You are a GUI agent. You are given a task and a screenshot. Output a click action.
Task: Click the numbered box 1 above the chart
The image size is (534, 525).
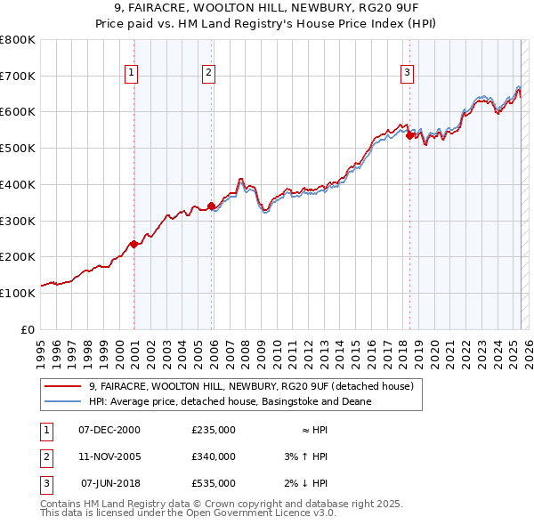click(131, 73)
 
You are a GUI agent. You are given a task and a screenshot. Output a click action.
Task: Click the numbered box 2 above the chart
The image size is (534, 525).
click(208, 73)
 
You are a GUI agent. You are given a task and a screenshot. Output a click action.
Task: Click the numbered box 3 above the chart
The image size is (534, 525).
click(407, 73)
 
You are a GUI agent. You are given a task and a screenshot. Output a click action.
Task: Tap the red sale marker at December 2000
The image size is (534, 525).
click(133, 244)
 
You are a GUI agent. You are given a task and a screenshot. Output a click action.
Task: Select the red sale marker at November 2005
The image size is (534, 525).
click(211, 206)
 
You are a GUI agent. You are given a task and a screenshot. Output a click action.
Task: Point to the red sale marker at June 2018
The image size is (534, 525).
click(409, 135)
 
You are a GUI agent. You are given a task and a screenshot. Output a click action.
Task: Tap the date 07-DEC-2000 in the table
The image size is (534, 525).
click(109, 430)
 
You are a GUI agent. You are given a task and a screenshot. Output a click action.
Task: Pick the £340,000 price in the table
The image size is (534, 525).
click(214, 456)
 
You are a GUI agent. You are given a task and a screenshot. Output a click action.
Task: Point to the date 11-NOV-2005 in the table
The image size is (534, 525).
click(109, 456)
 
